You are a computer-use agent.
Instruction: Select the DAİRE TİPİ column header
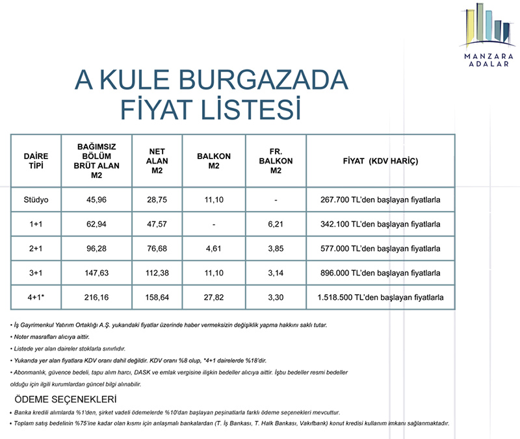click(36, 160)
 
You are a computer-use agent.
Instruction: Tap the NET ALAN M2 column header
click(157, 160)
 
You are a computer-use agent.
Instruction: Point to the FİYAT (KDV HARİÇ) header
click(381, 160)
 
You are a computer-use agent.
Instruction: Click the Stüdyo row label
click(36, 199)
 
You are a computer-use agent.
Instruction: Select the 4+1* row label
click(36, 297)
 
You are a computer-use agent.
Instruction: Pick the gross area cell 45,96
click(96, 199)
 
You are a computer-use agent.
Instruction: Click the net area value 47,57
click(157, 224)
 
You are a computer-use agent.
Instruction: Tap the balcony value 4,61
click(214, 249)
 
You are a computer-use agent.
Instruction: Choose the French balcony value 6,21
click(276, 224)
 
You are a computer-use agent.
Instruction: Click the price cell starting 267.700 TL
click(381, 199)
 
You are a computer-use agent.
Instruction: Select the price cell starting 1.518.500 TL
click(381, 297)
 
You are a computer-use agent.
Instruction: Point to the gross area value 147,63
click(96, 273)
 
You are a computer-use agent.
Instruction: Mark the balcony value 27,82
click(214, 297)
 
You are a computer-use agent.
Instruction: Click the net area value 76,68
click(157, 249)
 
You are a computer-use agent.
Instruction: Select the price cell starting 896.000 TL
click(381, 273)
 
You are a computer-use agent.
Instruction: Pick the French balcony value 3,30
click(276, 297)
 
